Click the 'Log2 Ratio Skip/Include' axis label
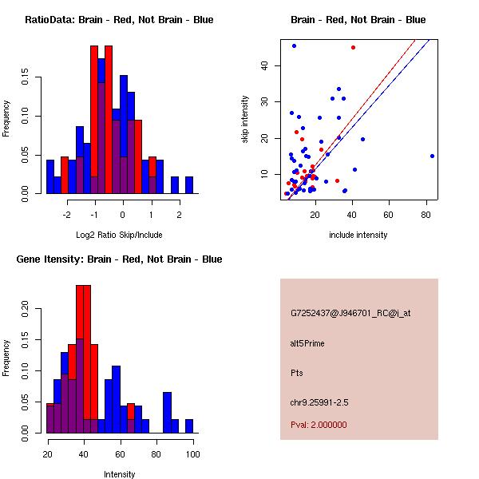coord(119,235)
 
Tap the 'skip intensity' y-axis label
coord(245,120)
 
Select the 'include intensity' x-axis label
coord(358,235)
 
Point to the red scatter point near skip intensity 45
coord(353,47)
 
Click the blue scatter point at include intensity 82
coord(432,156)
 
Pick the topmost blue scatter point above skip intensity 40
coord(294,46)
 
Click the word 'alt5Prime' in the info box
coord(307,343)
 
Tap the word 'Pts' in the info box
coord(297,373)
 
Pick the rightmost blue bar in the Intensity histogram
coord(189,426)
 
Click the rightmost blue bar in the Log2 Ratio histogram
coord(189,184)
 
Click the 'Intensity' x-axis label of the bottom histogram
coord(120,474)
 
